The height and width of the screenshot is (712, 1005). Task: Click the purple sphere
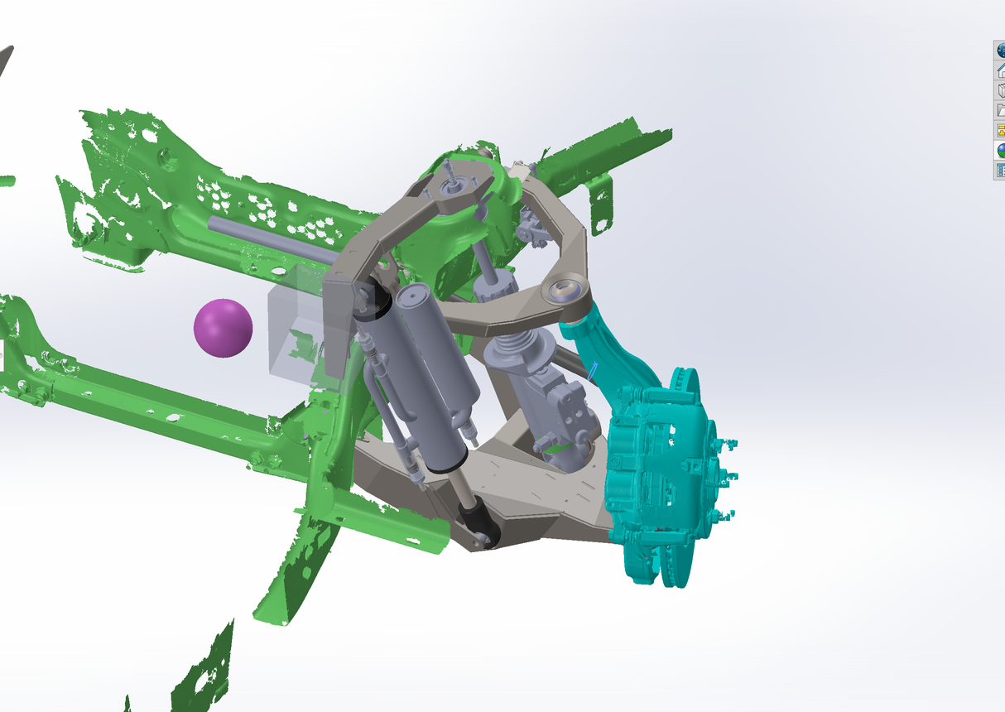tap(223, 328)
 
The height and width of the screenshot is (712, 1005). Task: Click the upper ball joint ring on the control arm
tap(565, 290)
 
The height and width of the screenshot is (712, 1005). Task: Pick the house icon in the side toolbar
tap(1000, 70)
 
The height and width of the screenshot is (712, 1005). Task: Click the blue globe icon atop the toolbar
tap(1000, 50)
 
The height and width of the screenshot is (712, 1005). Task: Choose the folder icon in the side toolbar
tap(1000, 110)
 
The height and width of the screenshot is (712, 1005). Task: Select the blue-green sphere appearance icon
tap(1000, 151)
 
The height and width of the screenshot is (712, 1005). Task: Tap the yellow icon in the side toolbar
tap(1000, 130)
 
